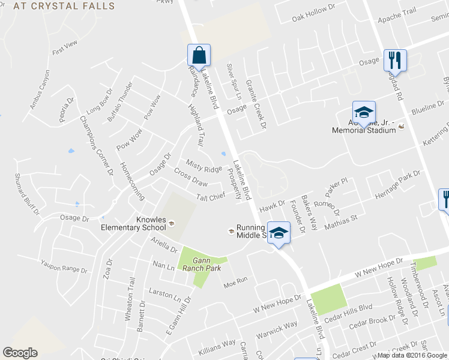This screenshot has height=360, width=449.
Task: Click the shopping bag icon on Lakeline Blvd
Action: [199, 56]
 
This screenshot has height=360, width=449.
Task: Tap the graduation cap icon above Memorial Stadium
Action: [363, 112]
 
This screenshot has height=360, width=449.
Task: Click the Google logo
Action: [20, 353]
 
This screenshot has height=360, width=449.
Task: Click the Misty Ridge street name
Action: [203, 169]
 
